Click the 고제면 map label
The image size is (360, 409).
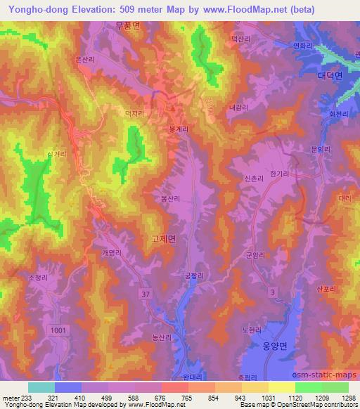pyautogui.click(x=163, y=240)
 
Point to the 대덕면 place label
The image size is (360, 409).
pyautogui.click(x=329, y=75)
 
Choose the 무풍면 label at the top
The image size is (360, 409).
pyautogui.click(x=127, y=25)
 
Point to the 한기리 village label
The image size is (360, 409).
pyautogui.click(x=279, y=174)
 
